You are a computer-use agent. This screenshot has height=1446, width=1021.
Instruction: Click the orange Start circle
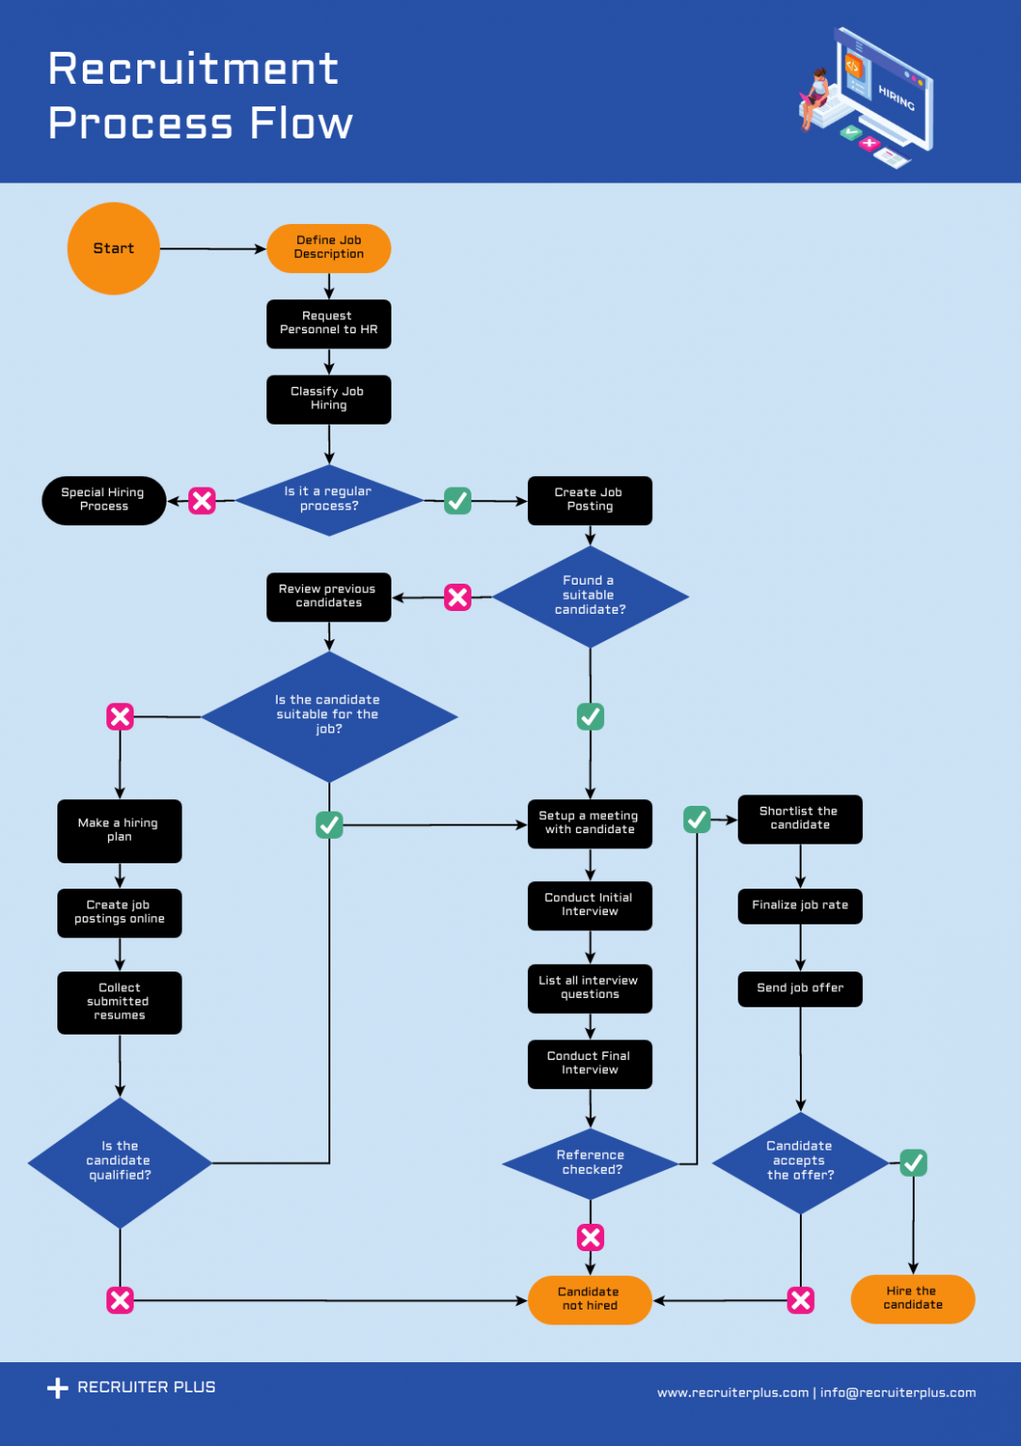(114, 249)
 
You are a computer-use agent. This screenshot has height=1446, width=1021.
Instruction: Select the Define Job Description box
(328, 249)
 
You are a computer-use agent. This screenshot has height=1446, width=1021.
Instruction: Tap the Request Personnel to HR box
(328, 324)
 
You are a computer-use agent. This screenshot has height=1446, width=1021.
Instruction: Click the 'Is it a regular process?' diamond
(328, 500)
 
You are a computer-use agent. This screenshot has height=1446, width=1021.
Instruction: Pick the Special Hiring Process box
(104, 500)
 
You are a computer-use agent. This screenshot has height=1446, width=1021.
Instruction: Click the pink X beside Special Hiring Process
(202, 501)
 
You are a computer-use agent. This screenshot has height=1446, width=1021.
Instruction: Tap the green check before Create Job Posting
(457, 501)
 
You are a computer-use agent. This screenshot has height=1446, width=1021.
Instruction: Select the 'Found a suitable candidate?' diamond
(590, 596)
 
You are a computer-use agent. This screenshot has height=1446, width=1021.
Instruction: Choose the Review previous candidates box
(328, 597)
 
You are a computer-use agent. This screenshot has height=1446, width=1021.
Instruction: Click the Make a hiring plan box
(120, 830)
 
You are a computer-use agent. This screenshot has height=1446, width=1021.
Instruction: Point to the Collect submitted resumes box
(120, 1002)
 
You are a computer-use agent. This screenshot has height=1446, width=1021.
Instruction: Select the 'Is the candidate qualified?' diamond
(120, 1162)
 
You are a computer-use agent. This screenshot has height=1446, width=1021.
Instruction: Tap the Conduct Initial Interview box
(590, 905)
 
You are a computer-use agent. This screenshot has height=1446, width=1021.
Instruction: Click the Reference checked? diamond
(590, 1163)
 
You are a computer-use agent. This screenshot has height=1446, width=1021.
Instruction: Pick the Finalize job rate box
(800, 906)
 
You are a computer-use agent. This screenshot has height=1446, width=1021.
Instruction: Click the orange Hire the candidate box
(913, 1299)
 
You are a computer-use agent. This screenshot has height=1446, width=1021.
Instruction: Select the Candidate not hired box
(590, 1299)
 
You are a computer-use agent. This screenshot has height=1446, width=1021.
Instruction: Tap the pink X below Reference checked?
(590, 1237)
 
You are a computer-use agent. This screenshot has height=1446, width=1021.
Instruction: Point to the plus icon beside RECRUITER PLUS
(57, 1388)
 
